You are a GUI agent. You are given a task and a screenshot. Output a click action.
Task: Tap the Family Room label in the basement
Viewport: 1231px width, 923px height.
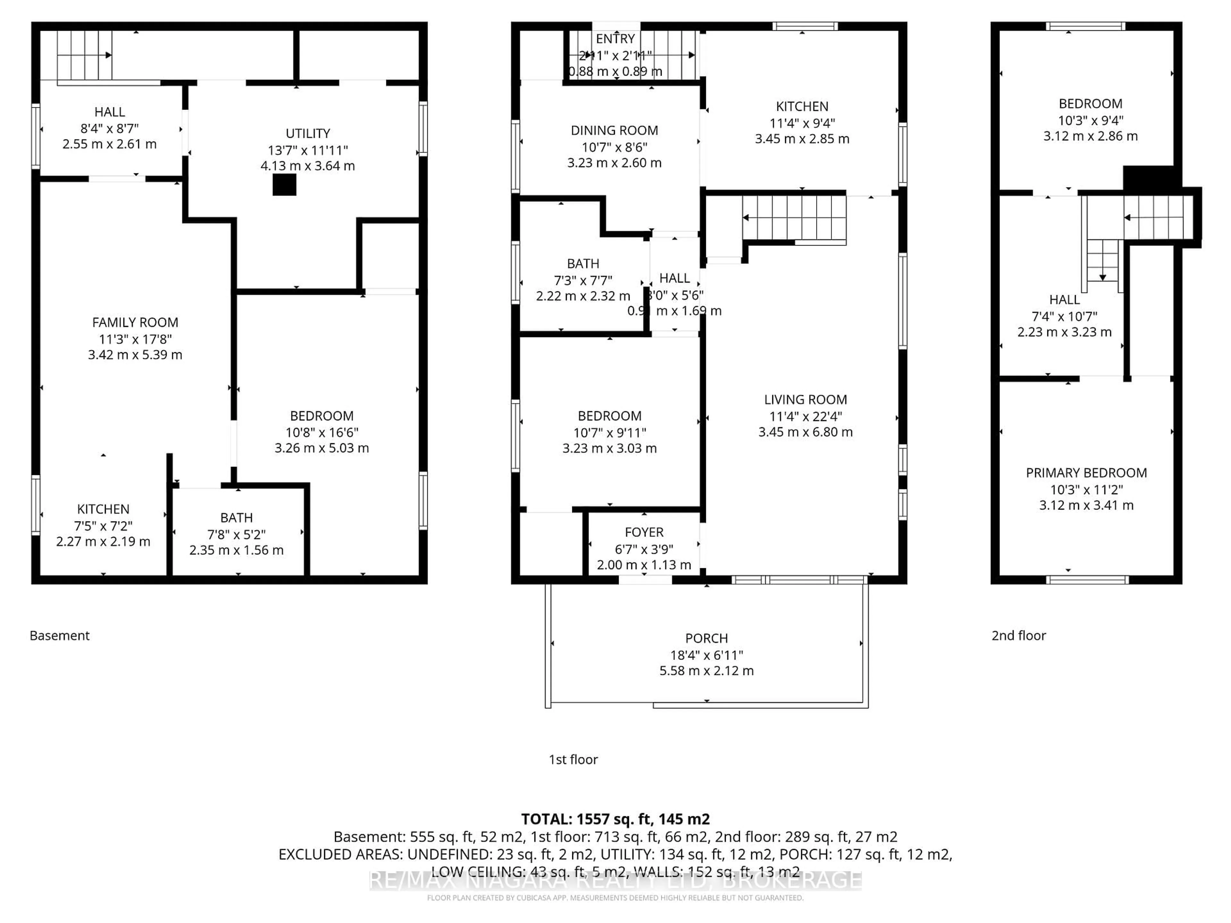[x=135, y=323]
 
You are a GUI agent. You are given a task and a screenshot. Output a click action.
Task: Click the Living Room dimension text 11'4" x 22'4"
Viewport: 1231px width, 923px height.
[x=805, y=416]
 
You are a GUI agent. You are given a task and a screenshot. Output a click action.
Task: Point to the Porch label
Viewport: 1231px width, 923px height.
[x=706, y=638]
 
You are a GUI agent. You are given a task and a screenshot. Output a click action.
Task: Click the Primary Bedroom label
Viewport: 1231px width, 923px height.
[x=1086, y=473]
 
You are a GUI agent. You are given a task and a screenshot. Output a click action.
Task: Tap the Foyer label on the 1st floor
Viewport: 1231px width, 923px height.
[x=644, y=532]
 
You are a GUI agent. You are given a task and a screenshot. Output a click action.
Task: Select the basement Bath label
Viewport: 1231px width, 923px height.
[x=237, y=518]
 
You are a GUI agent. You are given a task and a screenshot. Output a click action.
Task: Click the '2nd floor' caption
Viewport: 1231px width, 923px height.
[x=1018, y=635]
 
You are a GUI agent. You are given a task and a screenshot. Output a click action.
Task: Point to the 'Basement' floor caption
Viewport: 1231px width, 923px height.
[x=60, y=635]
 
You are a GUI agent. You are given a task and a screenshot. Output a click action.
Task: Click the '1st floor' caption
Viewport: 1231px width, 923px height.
[x=573, y=760]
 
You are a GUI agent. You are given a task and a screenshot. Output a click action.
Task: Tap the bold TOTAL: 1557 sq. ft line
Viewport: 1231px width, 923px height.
[x=615, y=819]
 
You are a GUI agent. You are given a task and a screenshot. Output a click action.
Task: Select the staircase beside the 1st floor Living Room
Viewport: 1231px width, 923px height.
[x=794, y=219]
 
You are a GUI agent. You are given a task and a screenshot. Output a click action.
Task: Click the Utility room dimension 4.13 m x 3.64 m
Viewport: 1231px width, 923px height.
[x=308, y=166]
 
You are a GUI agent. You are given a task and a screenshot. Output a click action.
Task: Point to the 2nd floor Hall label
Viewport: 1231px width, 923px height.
[x=1064, y=300]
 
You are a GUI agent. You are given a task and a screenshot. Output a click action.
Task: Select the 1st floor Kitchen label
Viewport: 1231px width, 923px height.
[x=802, y=107]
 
